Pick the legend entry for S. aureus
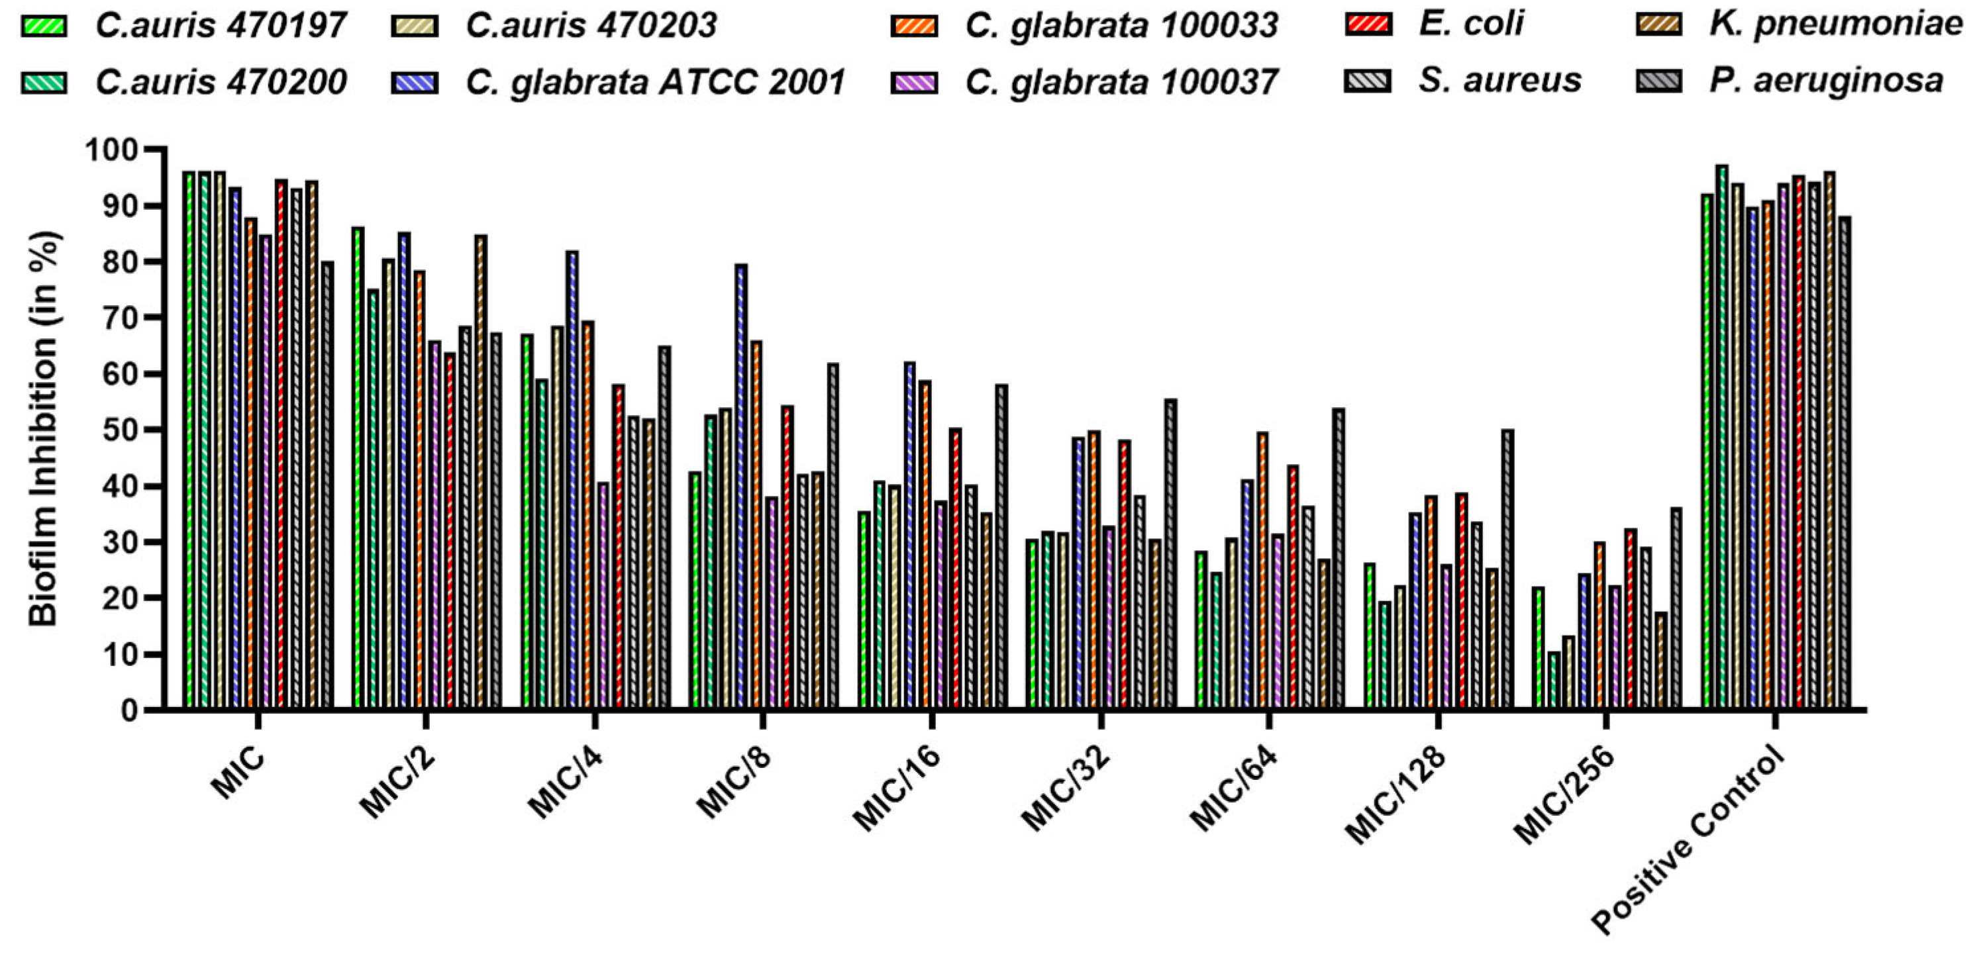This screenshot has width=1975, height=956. pos(1499,79)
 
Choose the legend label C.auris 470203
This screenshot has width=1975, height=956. pos(590,24)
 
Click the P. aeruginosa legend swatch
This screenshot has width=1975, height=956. pos(1658,79)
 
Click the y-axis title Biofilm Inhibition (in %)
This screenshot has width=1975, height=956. pos(44,429)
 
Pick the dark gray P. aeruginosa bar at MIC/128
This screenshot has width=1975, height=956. pos(1507,567)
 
